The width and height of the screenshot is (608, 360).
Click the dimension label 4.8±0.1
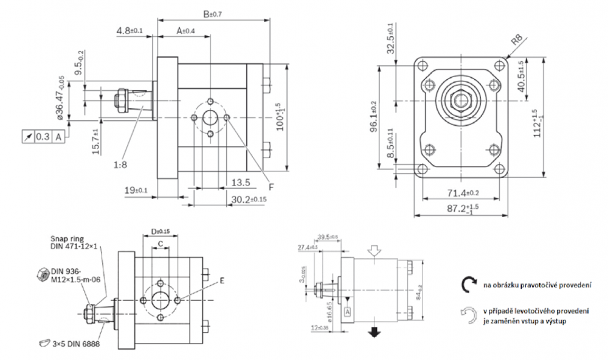tap(129, 30)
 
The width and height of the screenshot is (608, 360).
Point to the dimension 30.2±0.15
tap(249, 199)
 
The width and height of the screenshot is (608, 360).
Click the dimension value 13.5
tap(241, 182)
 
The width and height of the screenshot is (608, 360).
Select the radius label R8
tap(517, 41)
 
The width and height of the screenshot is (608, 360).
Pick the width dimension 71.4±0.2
tap(463, 193)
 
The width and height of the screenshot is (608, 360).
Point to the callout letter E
tap(222, 281)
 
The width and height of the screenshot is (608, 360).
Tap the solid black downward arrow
tap(375, 331)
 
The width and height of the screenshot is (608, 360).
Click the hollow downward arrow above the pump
tap(375, 251)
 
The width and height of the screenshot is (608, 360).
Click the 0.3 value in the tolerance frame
tap(43, 137)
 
